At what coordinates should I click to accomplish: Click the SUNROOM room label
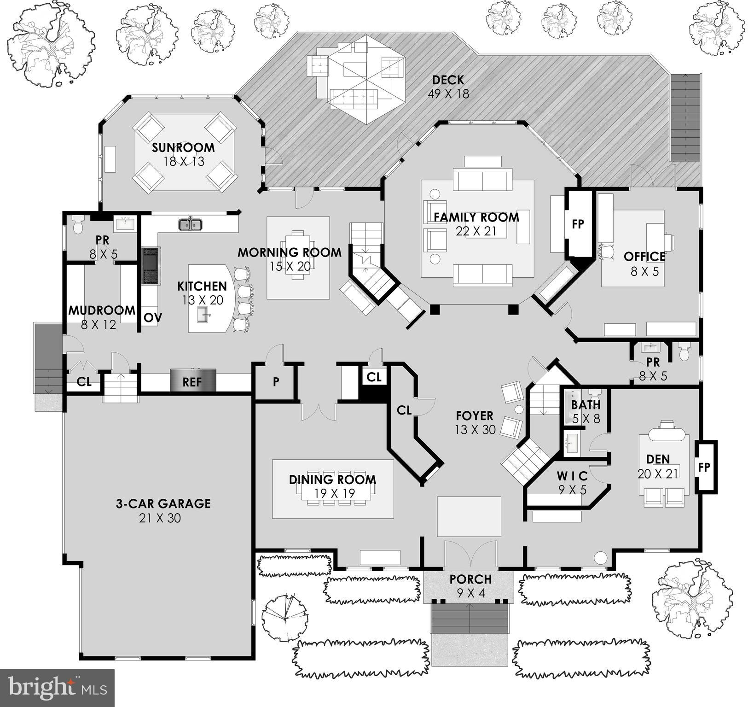pos(183,148)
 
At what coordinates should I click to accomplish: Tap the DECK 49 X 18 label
pos(447,87)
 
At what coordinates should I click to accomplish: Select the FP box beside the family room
pos(578,224)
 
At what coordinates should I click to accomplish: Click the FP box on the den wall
pos(704,467)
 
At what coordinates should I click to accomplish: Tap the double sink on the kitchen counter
pos(190,224)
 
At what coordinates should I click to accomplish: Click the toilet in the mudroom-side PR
pos(78,225)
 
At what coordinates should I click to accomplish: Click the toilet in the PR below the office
pos(684,352)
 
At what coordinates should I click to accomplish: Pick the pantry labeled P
pos(275,382)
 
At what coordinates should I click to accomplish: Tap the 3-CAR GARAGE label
pos(163,503)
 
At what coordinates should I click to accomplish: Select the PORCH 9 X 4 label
pos(470,585)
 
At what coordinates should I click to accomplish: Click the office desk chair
pos(607,251)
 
